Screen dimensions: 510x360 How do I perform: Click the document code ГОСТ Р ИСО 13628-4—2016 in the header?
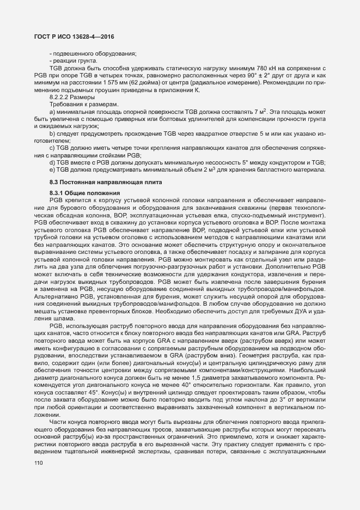pyautogui.click(x=71, y=37)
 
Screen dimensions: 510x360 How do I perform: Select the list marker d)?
pyautogui.click(x=52, y=162)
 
